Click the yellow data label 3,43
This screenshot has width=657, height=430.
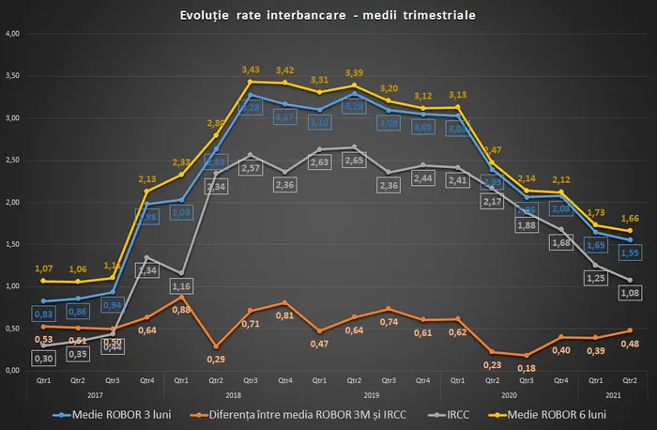(x=250, y=69)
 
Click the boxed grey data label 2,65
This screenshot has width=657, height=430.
(x=354, y=187)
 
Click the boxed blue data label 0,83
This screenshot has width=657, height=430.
(x=41, y=313)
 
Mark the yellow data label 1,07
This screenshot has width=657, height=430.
(x=41, y=269)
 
